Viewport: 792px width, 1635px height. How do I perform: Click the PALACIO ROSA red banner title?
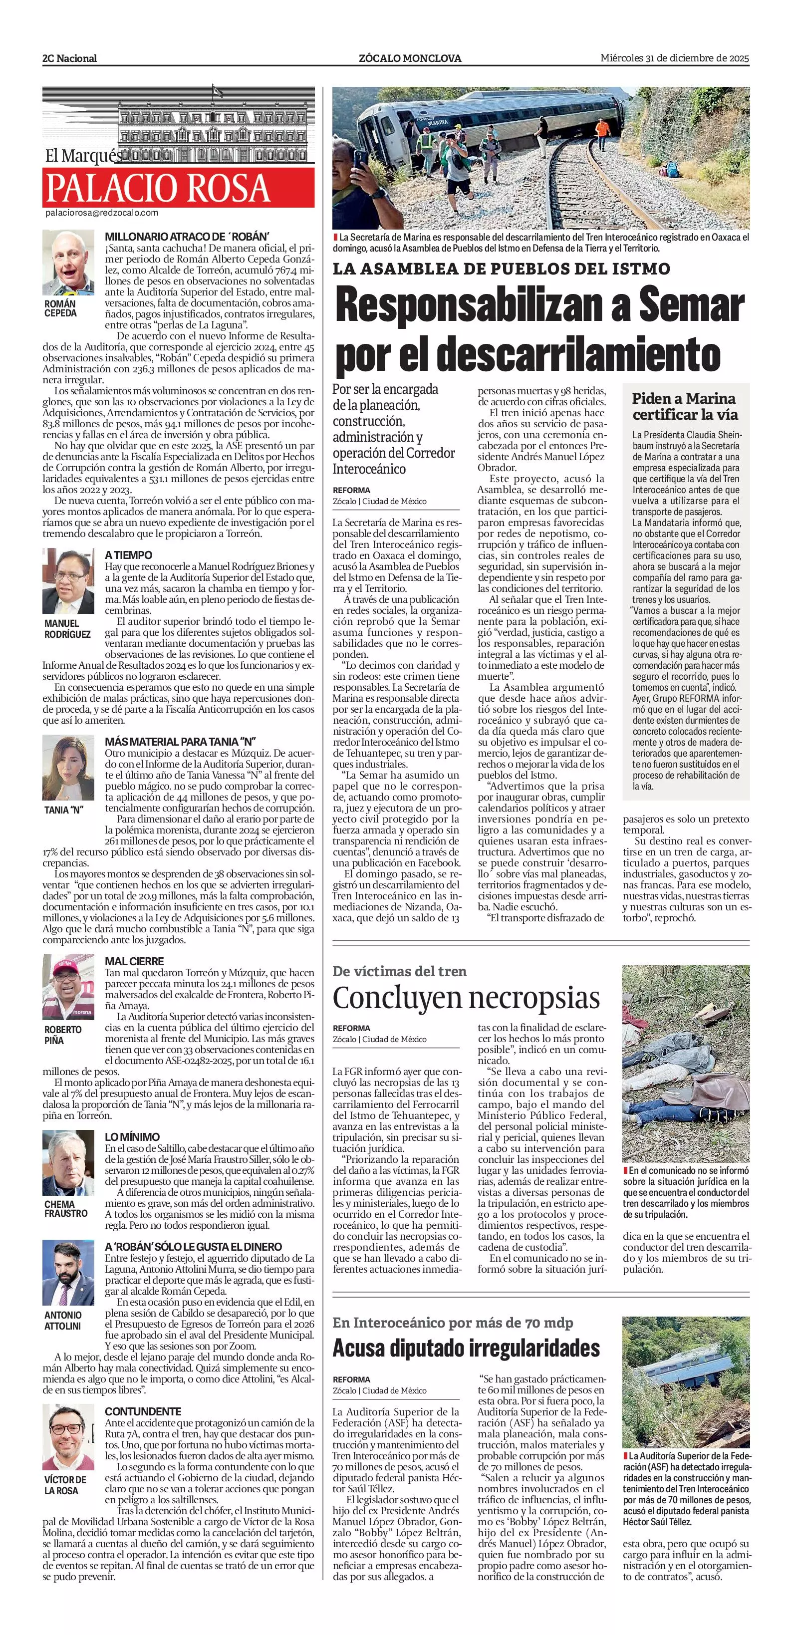[x=158, y=188]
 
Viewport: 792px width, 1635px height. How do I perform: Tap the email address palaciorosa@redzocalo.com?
[x=101, y=213]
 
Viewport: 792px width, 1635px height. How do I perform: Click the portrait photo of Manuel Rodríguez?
[x=68, y=581]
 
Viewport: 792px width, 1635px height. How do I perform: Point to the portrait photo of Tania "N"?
[x=68, y=768]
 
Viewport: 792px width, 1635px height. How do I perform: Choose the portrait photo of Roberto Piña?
[x=68, y=987]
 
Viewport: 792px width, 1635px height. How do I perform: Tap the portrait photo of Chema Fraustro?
[x=68, y=1163]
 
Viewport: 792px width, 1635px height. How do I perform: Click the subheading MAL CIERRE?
[x=135, y=961]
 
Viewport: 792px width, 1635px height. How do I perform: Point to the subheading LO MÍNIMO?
[x=132, y=1137]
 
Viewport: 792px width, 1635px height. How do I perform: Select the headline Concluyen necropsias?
[x=466, y=998]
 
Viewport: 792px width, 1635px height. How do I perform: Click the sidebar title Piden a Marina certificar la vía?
[x=684, y=406]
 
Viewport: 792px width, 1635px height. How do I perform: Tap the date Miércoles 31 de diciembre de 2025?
[x=675, y=58]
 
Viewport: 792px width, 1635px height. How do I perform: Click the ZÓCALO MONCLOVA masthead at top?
[x=410, y=58]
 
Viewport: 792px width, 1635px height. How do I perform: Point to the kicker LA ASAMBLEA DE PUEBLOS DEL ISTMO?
[x=501, y=269]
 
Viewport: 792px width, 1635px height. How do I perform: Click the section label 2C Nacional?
[x=70, y=58]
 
